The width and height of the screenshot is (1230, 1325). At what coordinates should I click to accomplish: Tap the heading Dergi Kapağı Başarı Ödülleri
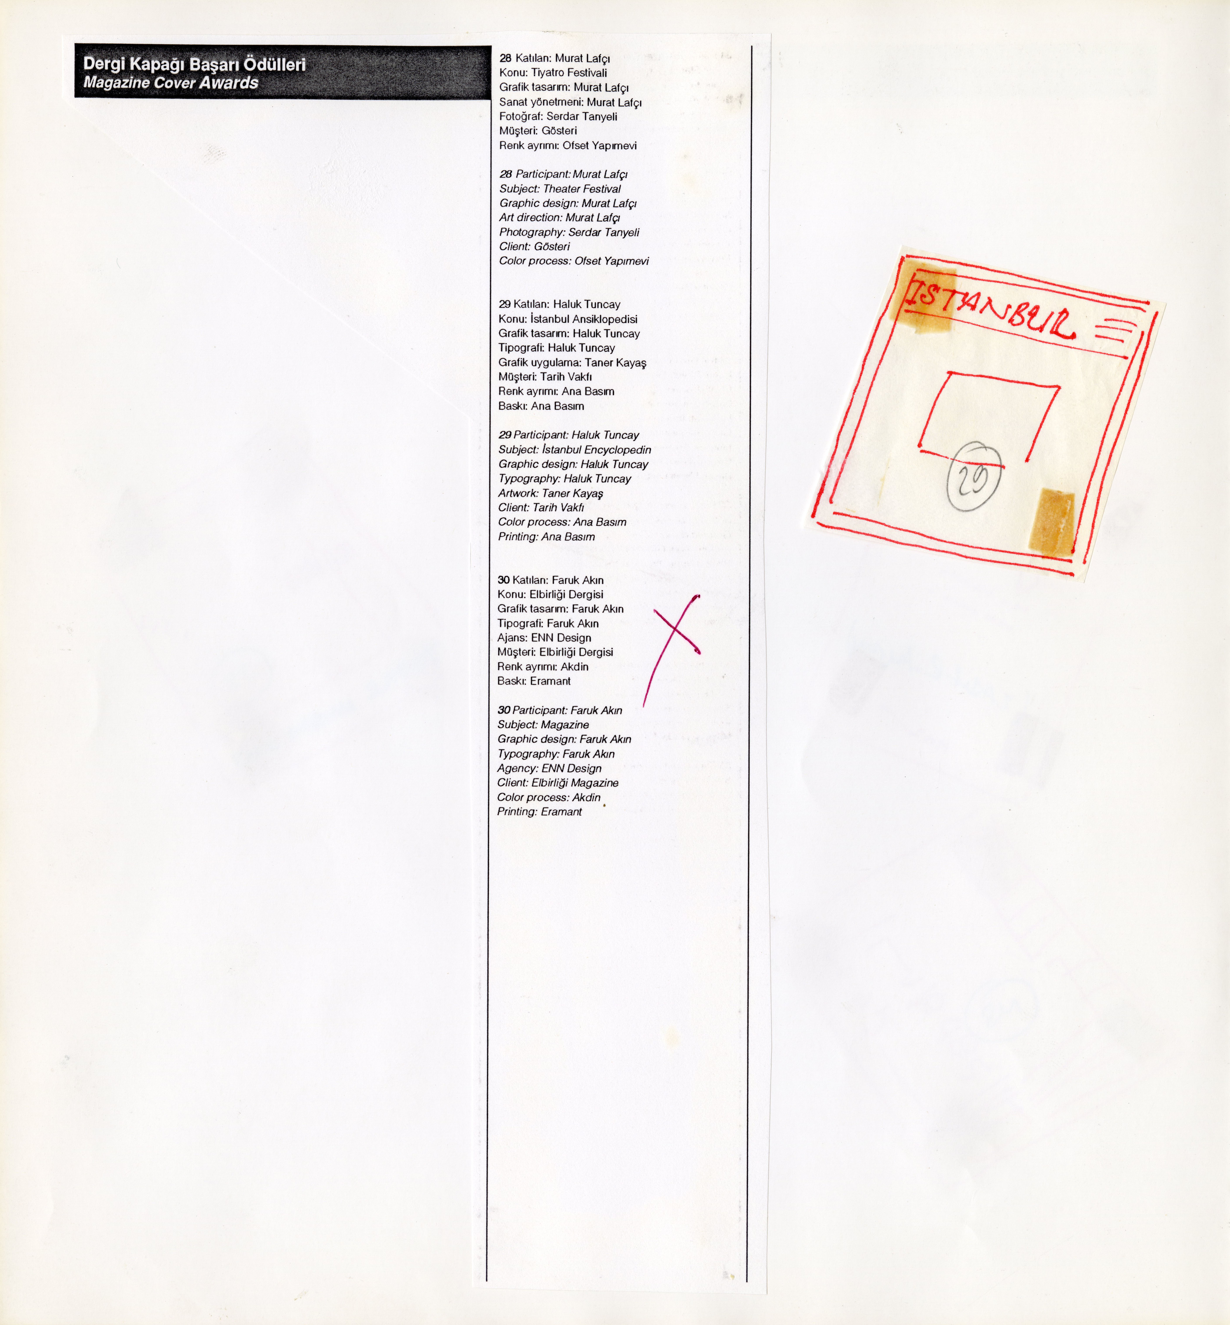tap(194, 65)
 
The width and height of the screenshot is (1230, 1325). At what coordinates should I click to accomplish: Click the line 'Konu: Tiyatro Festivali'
tap(553, 72)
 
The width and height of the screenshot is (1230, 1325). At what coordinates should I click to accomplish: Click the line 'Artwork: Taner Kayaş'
tap(551, 493)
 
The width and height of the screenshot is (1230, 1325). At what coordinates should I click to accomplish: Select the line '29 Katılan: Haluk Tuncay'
tap(559, 304)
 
